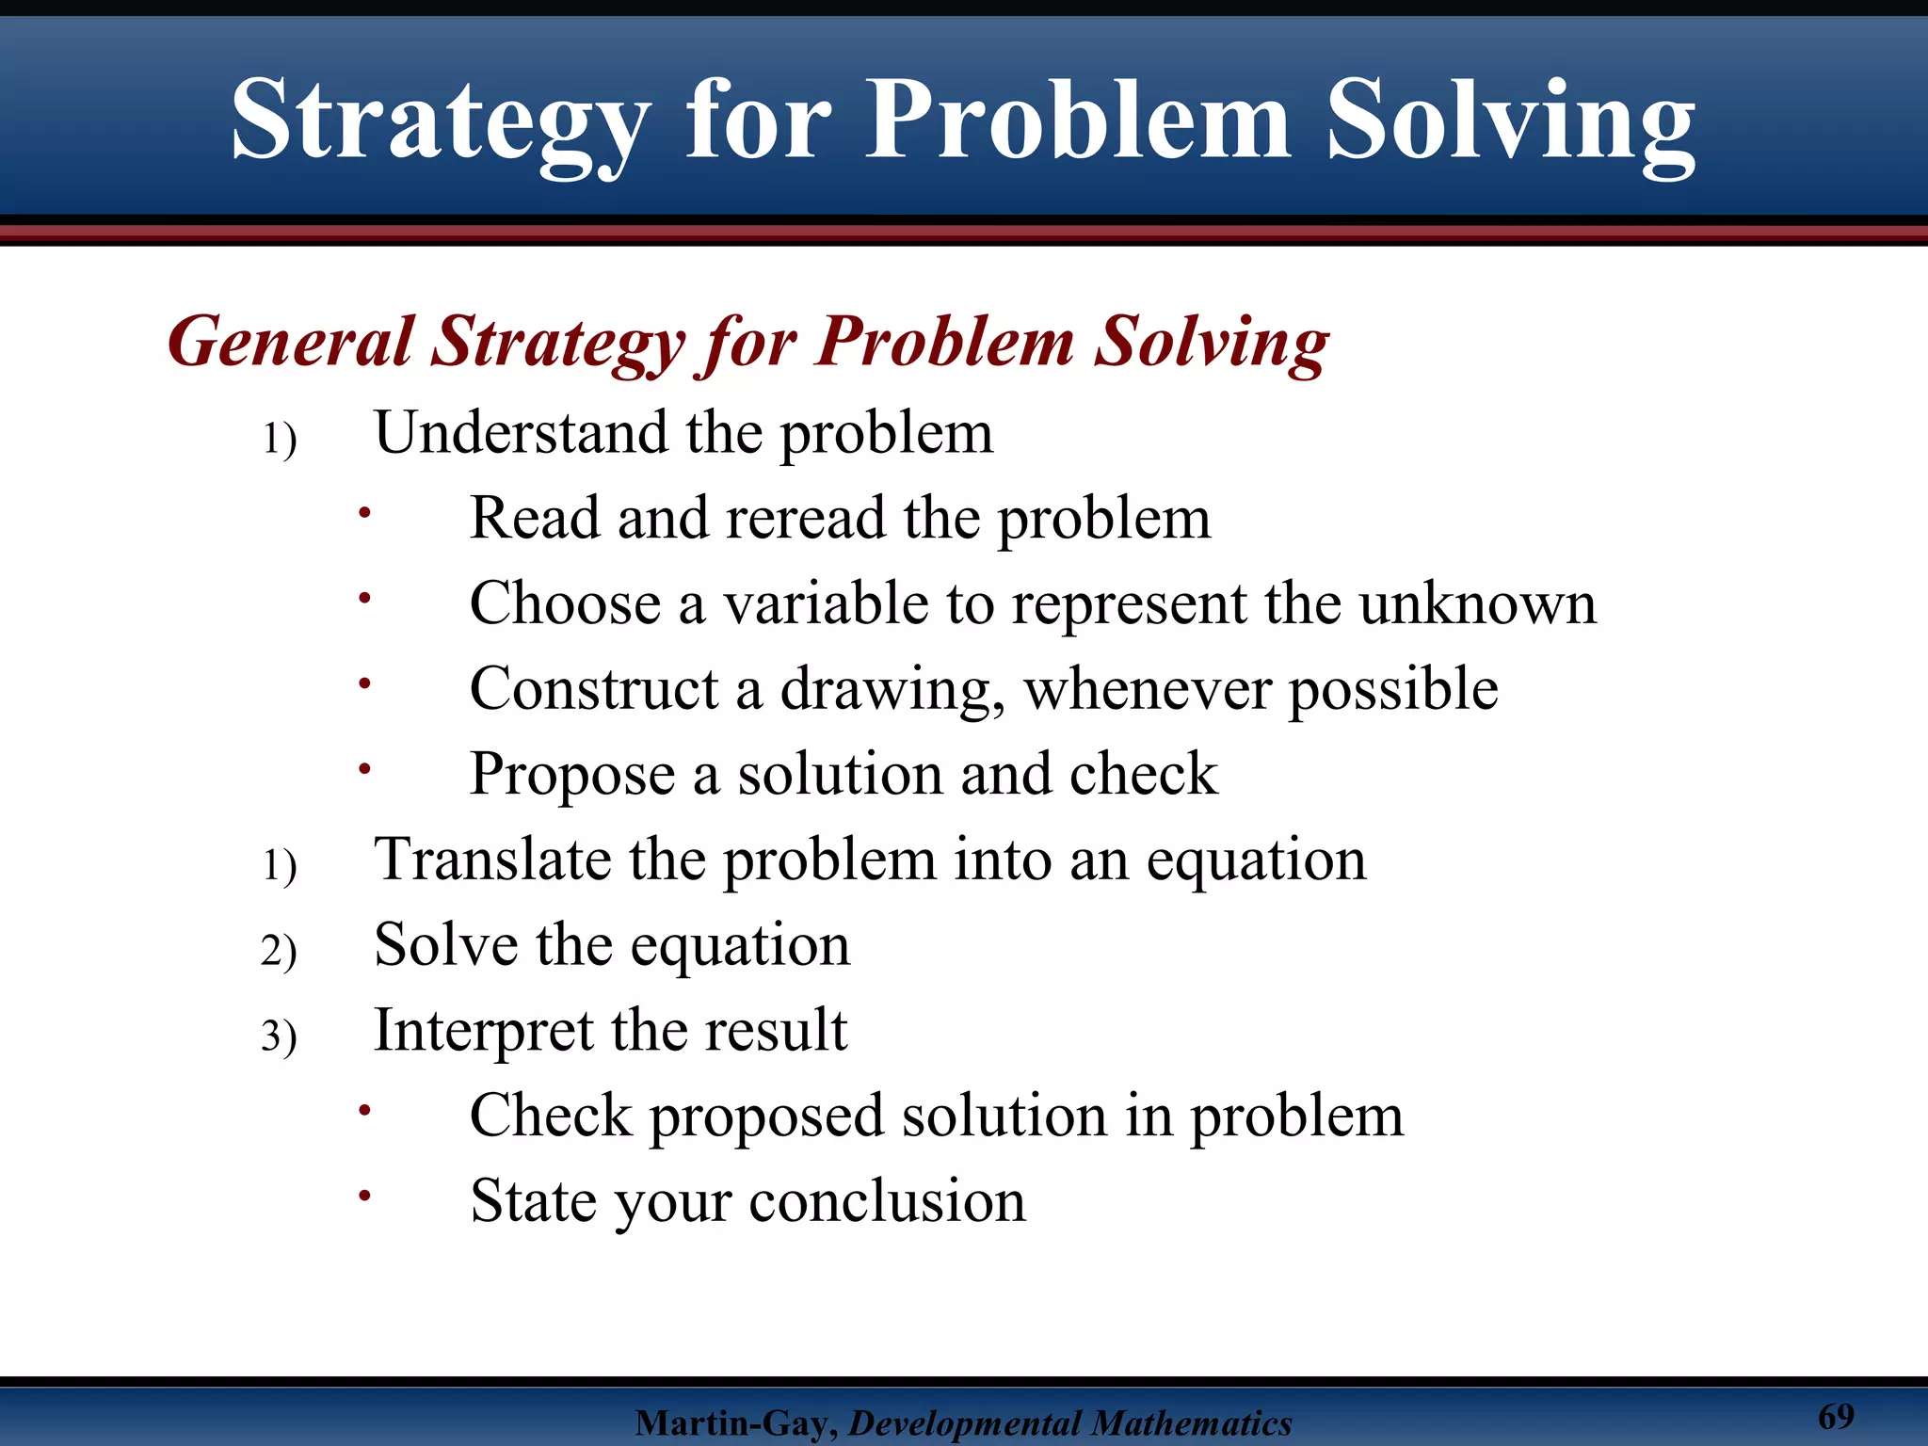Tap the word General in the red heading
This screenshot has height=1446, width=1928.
tap(290, 341)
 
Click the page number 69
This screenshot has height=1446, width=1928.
tap(1836, 1416)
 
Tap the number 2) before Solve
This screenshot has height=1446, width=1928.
tap(279, 950)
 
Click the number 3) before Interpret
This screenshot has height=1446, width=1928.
tap(279, 1036)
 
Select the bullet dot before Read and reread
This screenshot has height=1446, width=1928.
tap(365, 513)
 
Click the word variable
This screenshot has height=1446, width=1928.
tap(826, 603)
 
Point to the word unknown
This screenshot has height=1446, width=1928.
tap(1477, 603)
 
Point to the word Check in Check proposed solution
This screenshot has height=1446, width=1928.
tap(551, 1117)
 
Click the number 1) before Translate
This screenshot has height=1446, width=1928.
tap(279, 865)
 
